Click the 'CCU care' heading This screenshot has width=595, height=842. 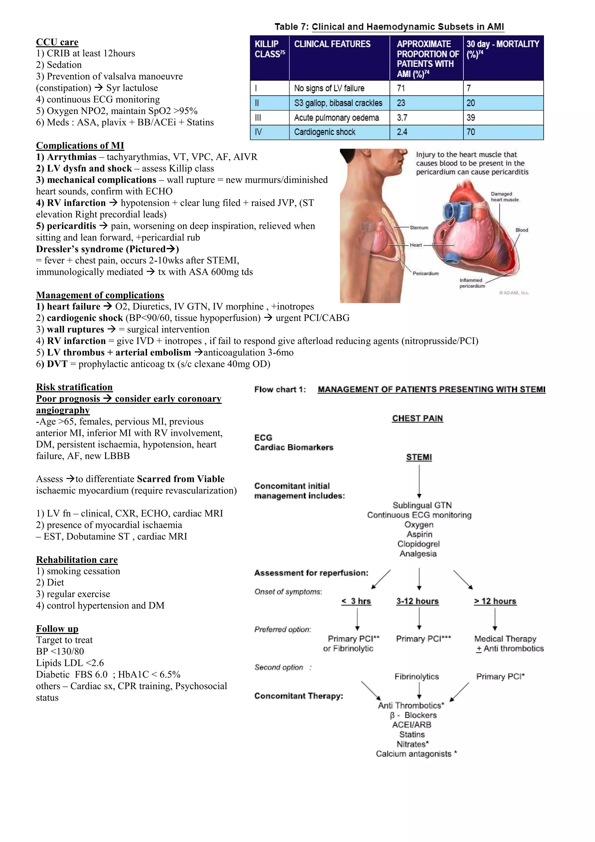[57, 42]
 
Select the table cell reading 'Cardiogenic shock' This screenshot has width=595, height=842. [325, 132]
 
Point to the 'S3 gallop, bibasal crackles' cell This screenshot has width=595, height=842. [338, 103]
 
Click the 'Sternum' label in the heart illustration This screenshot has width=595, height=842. [419, 228]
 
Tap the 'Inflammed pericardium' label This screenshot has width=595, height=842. [472, 283]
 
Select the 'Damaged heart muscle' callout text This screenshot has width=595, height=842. [505, 197]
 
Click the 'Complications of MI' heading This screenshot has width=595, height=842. [80, 146]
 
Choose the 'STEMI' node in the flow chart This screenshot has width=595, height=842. [419, 457]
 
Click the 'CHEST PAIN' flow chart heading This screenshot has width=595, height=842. [417, 418]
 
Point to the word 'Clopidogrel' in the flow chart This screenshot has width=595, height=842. [418, 544]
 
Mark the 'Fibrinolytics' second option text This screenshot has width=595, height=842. [417, 677]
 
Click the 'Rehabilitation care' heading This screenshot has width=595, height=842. [77, 560]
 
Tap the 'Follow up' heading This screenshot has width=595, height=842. [57, 629]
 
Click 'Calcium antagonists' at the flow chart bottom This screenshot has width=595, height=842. [414, 754]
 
